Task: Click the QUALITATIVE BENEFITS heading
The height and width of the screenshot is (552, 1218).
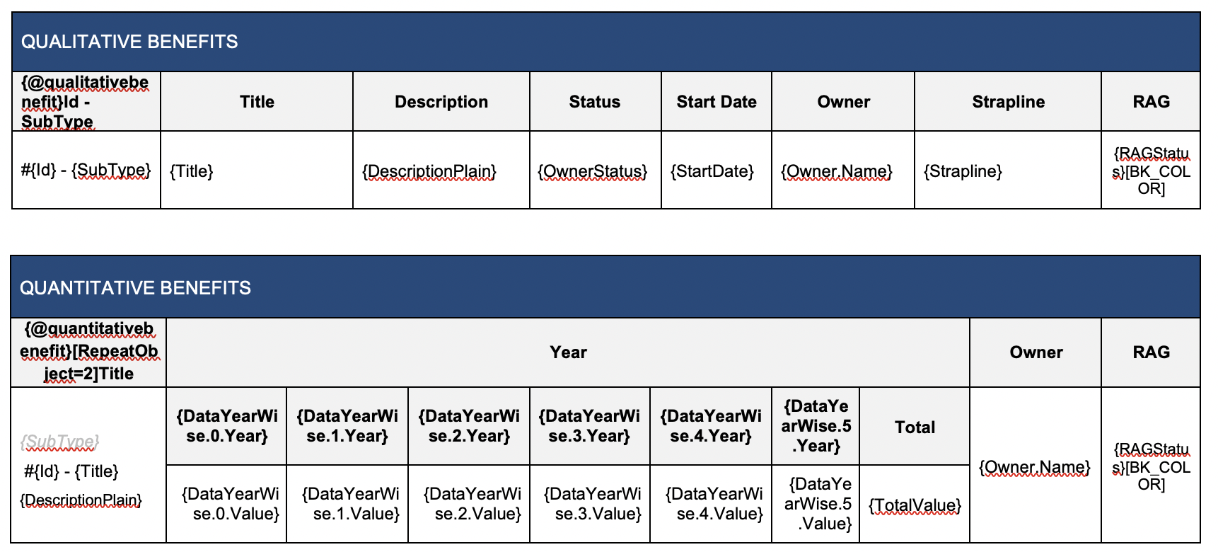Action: pos(129,42)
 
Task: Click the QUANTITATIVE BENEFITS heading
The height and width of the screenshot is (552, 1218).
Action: pos(135,288)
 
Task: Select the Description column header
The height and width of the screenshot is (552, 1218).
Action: pos(441,102)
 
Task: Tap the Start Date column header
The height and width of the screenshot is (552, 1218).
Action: pos(717,102)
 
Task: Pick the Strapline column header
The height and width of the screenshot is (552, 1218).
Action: pos(1008,102)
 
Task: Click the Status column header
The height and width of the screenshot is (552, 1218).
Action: pos(595,102)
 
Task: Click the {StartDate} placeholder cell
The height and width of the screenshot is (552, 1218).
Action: pos(712,171)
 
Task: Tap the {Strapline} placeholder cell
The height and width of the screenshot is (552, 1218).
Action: pos(963,171)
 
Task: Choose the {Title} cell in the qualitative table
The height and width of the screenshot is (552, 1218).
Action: pos(191,171)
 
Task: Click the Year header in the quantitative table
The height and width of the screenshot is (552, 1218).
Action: pos(569,352)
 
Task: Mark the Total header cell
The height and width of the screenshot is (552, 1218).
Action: pos(915,427)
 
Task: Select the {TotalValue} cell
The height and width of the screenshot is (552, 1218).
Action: pos(915,505)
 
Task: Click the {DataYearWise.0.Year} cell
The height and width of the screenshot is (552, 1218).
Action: pos(227,426)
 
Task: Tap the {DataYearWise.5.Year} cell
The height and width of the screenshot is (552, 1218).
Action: pos(816,426)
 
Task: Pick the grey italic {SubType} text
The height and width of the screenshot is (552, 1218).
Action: pos(59,442)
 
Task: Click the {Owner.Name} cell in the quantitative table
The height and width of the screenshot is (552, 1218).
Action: pos(1035,467)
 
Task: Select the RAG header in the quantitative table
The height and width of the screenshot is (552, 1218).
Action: pos(1151,352)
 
